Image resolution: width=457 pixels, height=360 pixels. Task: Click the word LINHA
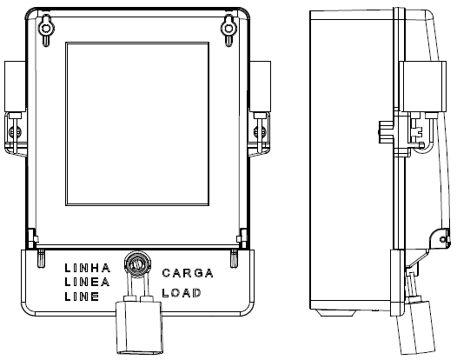tap(88, 268)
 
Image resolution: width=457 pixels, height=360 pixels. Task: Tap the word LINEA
tap(87, 282)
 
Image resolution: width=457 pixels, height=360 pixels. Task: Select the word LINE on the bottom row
tap(82, 297)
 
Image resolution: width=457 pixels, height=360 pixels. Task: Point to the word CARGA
tap(188, 273)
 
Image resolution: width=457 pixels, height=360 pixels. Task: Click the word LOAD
tap(182, 293)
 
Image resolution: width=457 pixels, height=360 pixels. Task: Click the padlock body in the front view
tap(139, 328)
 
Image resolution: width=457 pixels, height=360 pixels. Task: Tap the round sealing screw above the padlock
tap(137, 265)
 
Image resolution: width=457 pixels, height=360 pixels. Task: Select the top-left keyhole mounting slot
tap(46, 30)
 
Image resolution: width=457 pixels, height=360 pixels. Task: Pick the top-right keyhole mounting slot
tap(228, 30)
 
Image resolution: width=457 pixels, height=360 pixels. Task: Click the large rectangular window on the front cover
tap(137, 124)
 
